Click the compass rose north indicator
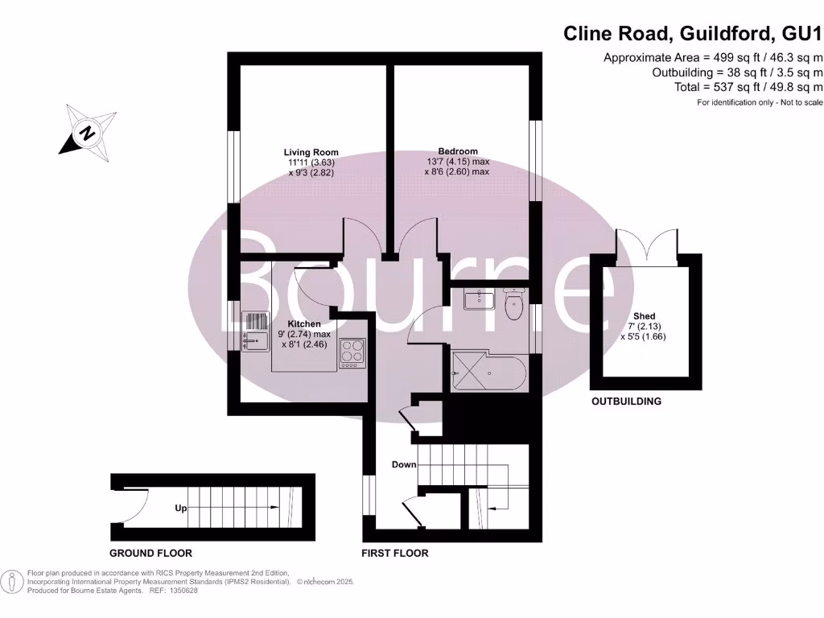tap(85, 132)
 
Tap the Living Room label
tap(311, 152)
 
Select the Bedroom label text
tap(458, 151)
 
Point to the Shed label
tap(644, 316)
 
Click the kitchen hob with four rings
tap(352, 352)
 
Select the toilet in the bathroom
tap(511, 303)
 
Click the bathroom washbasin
tap(478, 299)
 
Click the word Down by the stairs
tap(404, 464)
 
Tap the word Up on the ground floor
tap(181, 509)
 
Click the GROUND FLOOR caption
tap(150, 554)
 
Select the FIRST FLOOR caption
tap(395, 554)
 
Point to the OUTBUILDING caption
tap(626, 401)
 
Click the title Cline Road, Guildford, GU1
tap(693, 34)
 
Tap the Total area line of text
tap(748, 87)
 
